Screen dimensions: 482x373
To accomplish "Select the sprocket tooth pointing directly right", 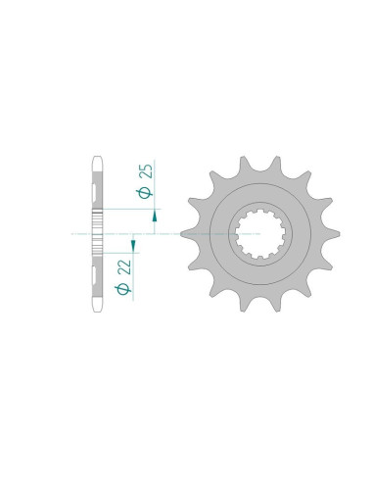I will pyautogui.click(x=335, y=234).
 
